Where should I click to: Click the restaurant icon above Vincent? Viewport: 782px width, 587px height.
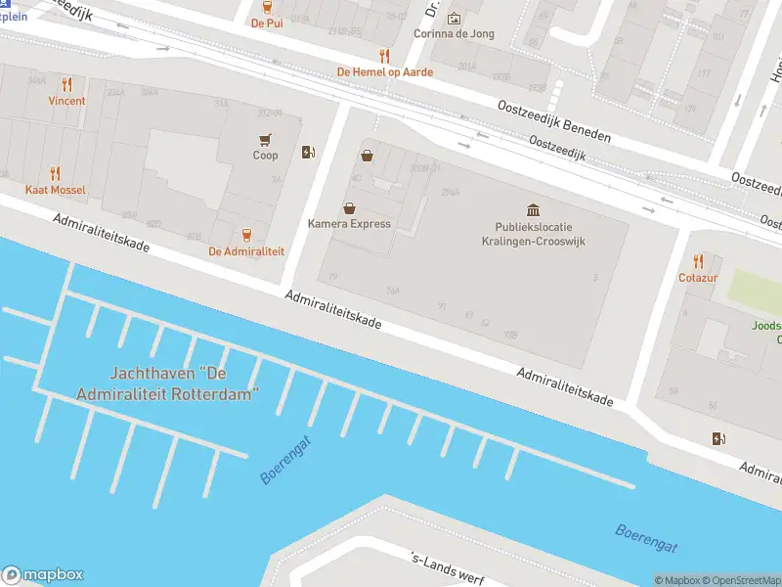point(66,84)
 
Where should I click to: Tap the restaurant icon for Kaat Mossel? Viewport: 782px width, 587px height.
point(55,173)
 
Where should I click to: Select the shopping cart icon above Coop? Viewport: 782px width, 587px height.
point(265,139)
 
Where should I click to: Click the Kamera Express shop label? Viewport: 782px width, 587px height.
point(349,224)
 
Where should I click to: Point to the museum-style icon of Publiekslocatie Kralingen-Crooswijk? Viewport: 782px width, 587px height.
point(533,210)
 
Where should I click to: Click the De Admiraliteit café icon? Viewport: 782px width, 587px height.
point(246,235)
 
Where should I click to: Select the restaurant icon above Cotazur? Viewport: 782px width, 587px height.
point(698,260)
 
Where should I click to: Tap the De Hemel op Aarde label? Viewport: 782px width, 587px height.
point(384,71)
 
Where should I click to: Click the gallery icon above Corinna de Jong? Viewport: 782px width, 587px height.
point(454,18)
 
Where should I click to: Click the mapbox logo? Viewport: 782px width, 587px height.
point(43,575)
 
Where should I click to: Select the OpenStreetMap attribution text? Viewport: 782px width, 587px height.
point(744,580)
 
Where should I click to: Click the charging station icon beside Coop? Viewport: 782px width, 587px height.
point(308,152)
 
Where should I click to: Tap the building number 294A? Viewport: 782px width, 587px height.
point(451,193)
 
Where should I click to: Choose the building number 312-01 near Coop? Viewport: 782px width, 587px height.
point(270,113)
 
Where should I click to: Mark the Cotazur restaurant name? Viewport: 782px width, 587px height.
point(698,278)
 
